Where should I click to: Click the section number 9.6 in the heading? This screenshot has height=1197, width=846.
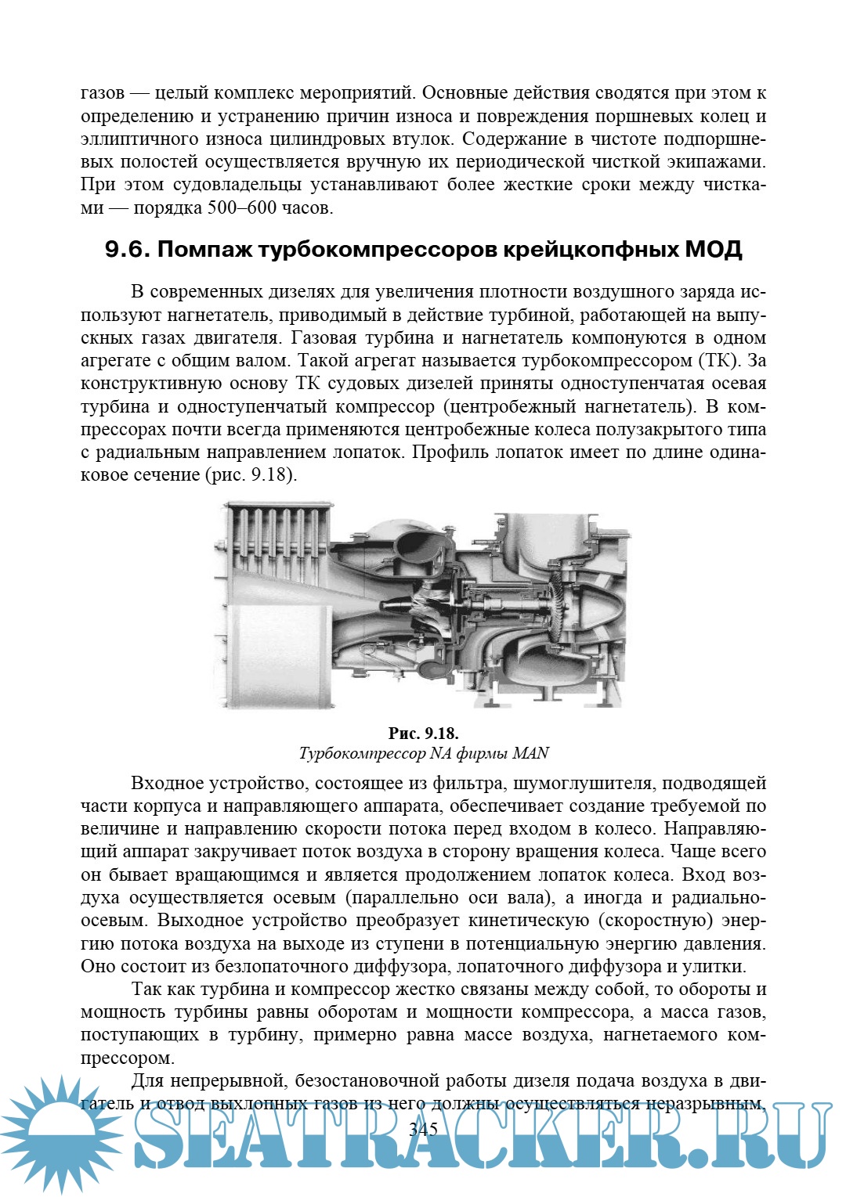127,250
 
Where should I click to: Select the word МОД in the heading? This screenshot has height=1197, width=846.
712,250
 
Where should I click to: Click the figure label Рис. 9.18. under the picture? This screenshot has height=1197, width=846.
423,734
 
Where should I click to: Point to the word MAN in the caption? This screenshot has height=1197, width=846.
530,753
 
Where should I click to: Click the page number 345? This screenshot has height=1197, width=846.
423,1129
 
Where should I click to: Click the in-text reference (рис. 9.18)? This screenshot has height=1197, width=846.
251,475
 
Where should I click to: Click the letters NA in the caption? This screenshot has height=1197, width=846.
441,753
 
